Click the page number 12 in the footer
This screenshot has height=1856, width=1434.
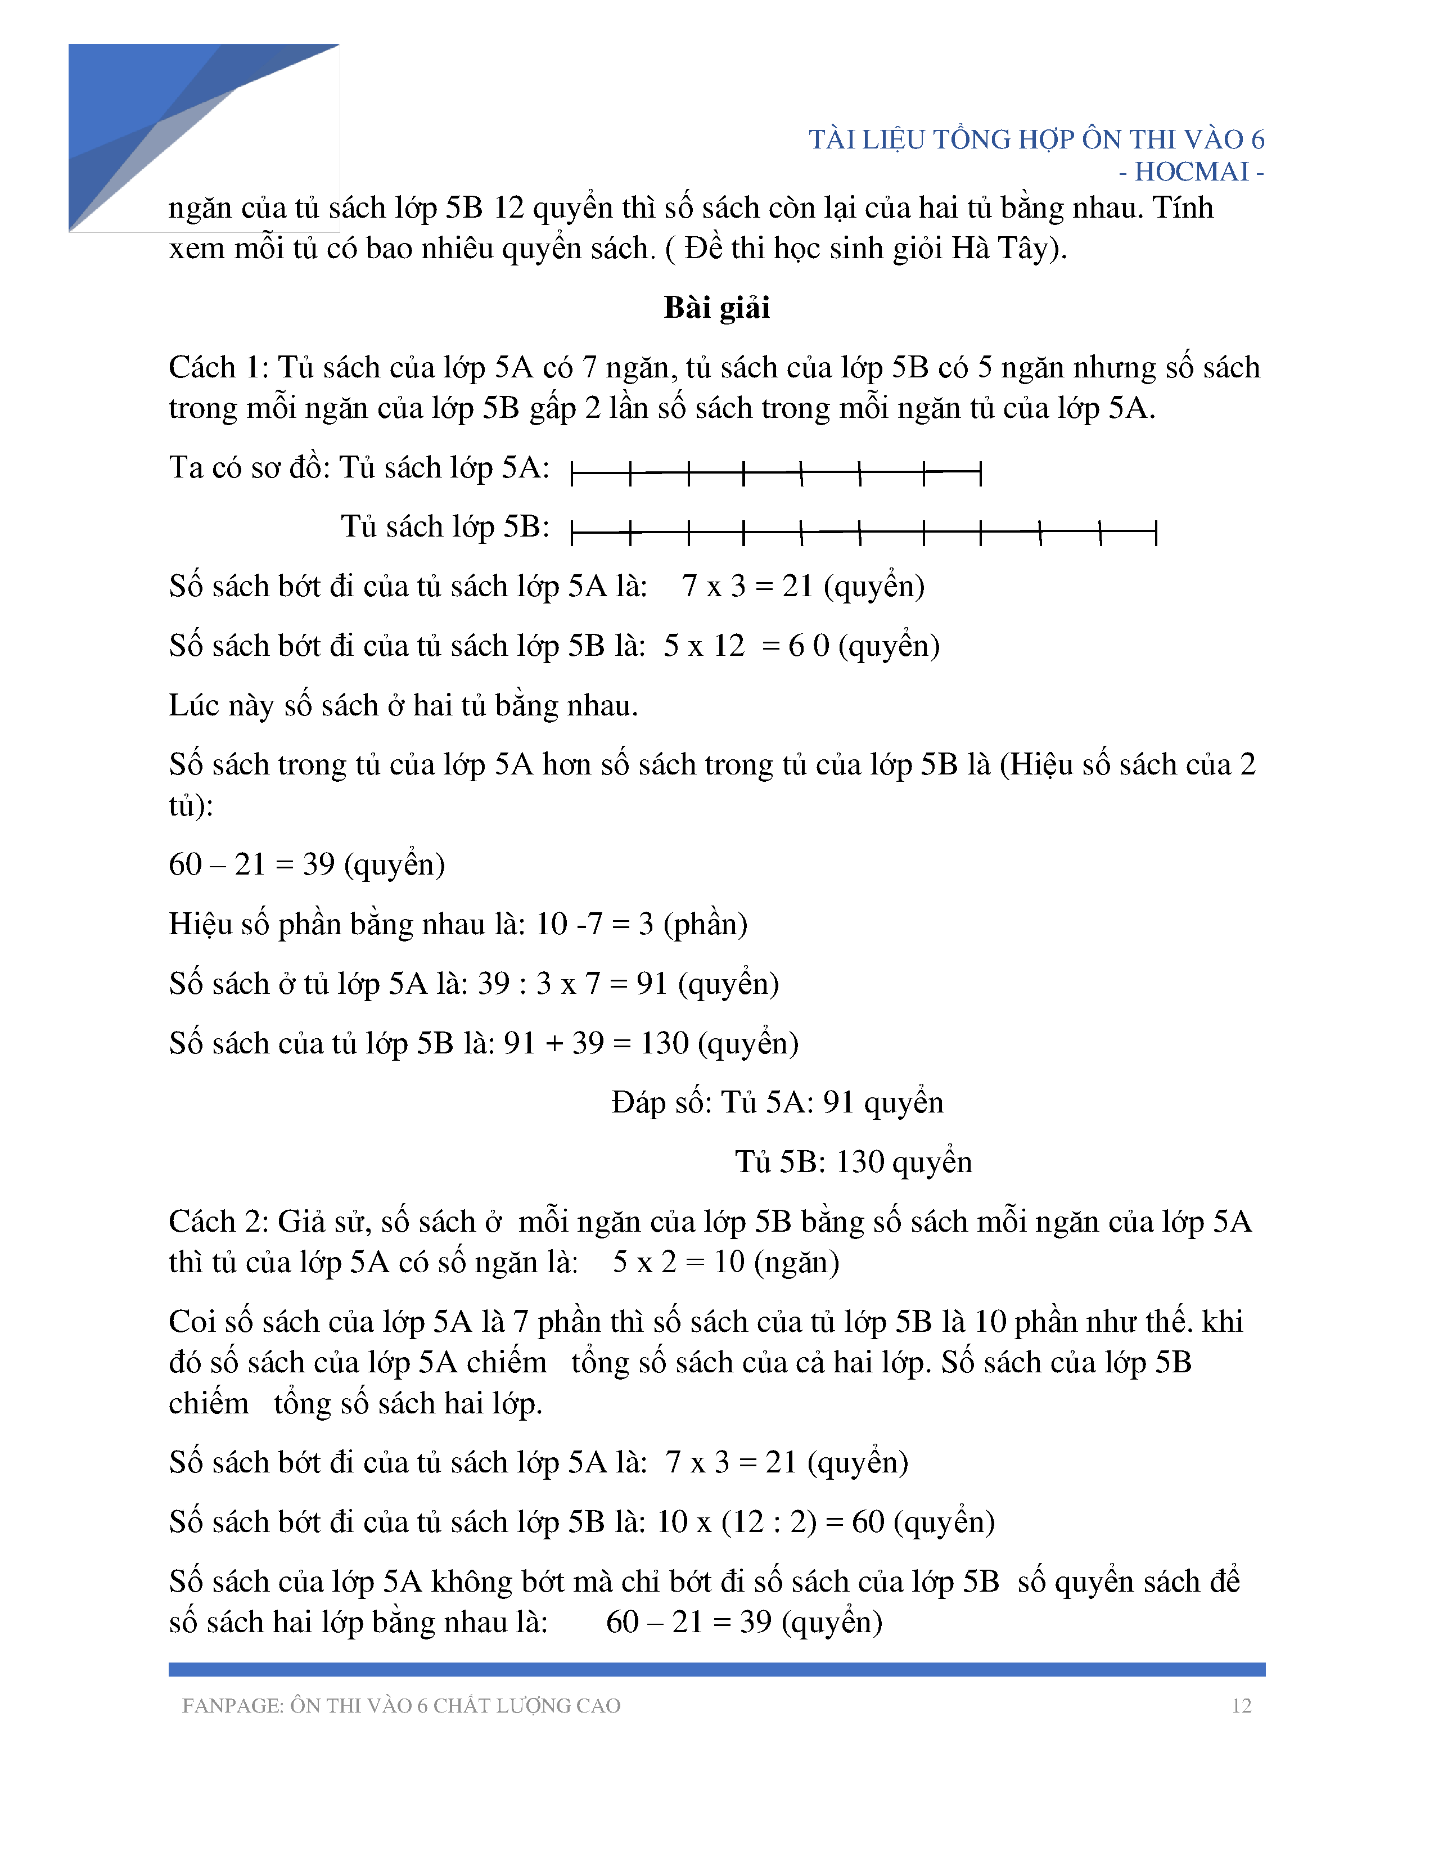tap(1241, 1706)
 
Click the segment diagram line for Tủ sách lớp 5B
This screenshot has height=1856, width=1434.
tap(863, 533)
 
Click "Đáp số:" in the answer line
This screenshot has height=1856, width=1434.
tap(661, 1102)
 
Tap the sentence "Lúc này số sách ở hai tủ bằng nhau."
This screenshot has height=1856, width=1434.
tap(403, 705)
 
